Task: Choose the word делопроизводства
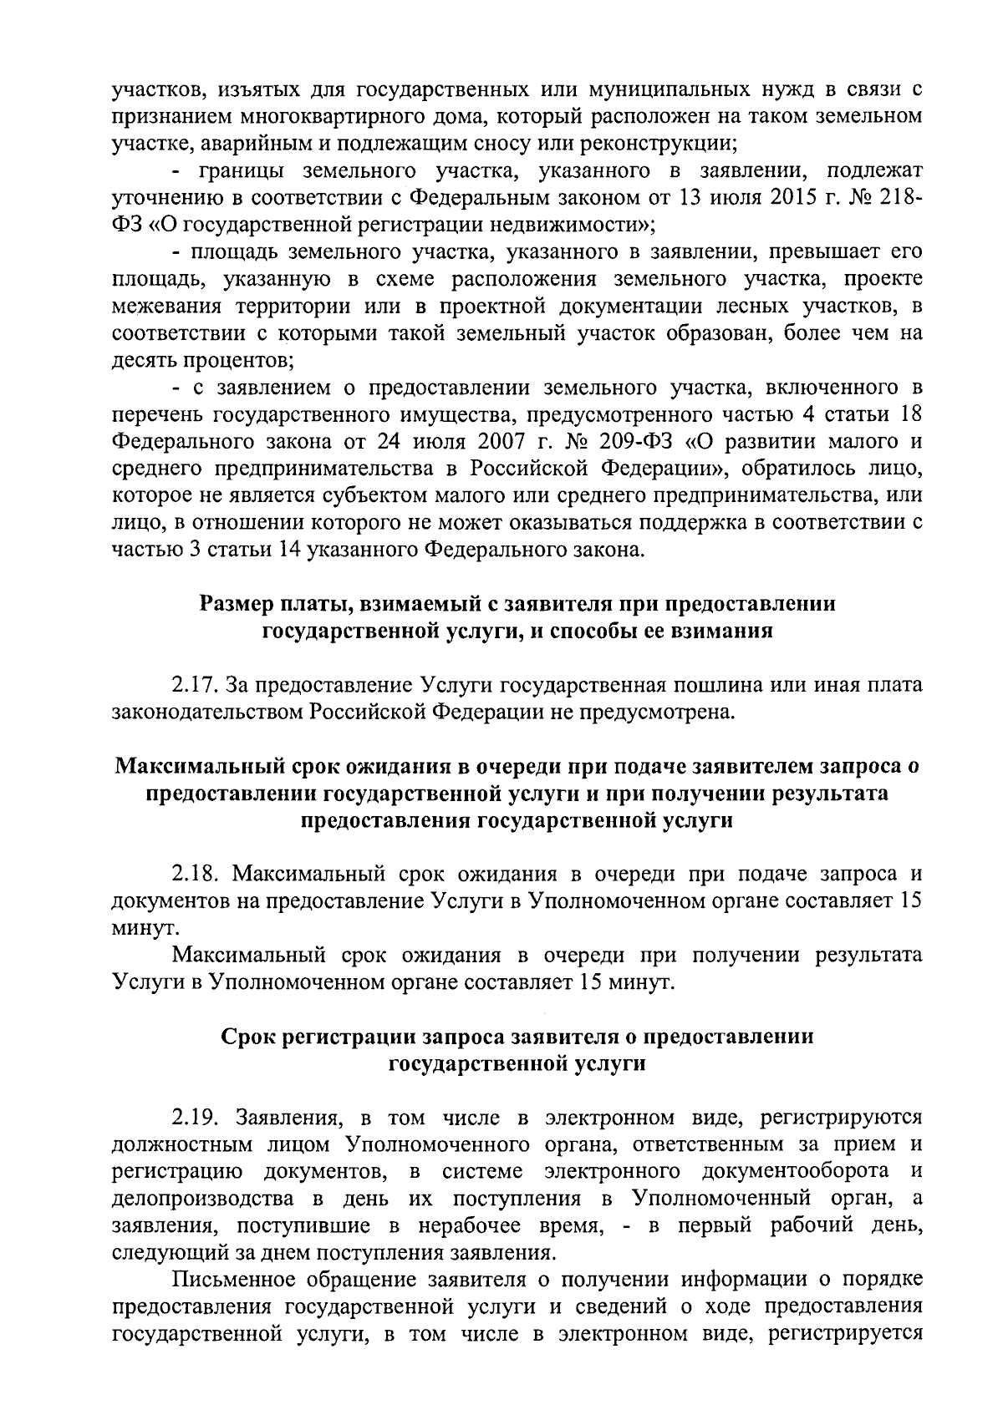204,1199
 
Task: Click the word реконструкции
649,144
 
